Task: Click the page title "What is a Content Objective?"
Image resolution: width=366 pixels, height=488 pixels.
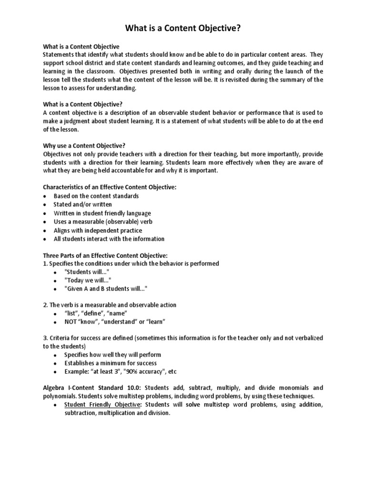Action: (183, 29)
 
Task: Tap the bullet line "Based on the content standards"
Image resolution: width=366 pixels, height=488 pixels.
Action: (96, 196)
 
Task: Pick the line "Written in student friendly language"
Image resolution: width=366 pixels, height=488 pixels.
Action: (102, 213)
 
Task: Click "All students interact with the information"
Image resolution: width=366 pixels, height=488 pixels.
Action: (109, 239)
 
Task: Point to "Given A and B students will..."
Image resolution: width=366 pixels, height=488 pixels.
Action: (106, 289)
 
